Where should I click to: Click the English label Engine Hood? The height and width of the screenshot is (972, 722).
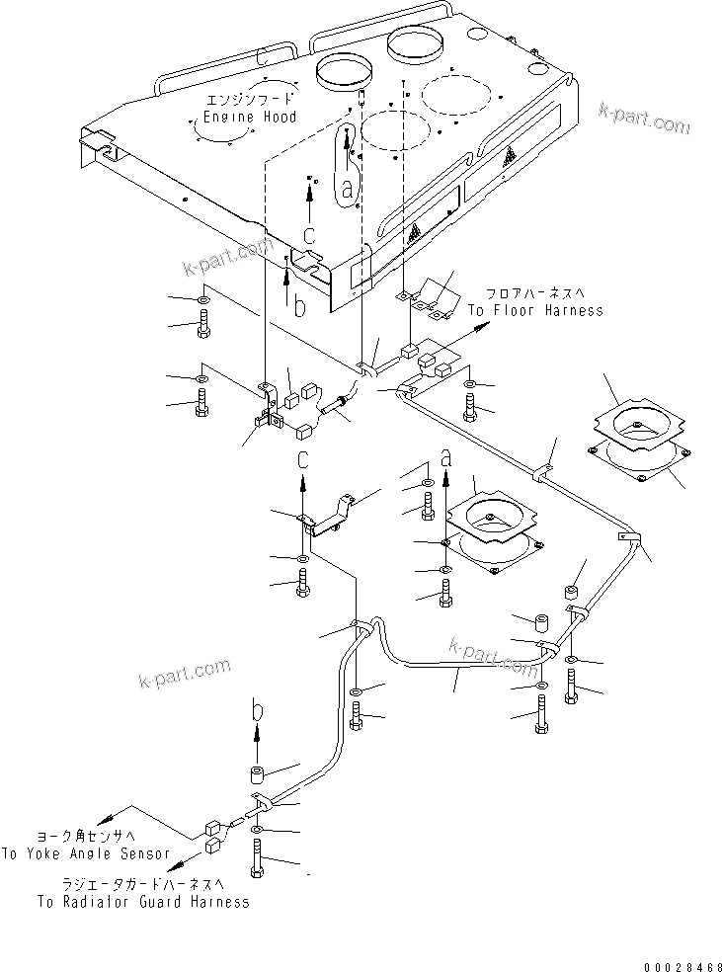(249, 118)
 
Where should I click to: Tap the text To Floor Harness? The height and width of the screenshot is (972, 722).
(534, 310)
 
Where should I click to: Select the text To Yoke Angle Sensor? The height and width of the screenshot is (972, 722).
(85, 853)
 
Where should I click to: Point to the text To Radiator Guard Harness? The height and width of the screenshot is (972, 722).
(143, 902)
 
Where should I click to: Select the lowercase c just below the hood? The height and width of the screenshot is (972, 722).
(310, 235)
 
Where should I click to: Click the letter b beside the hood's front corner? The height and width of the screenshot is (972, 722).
(299, 308)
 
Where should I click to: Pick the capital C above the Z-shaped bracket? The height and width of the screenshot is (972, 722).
(305, 461)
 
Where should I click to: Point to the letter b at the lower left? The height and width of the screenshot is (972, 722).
(257, 709)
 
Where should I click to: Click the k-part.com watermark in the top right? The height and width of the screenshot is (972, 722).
(644, 121)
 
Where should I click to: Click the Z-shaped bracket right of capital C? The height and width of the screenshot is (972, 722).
(331, 515)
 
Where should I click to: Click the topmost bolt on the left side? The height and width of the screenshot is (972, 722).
(203, 323)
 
